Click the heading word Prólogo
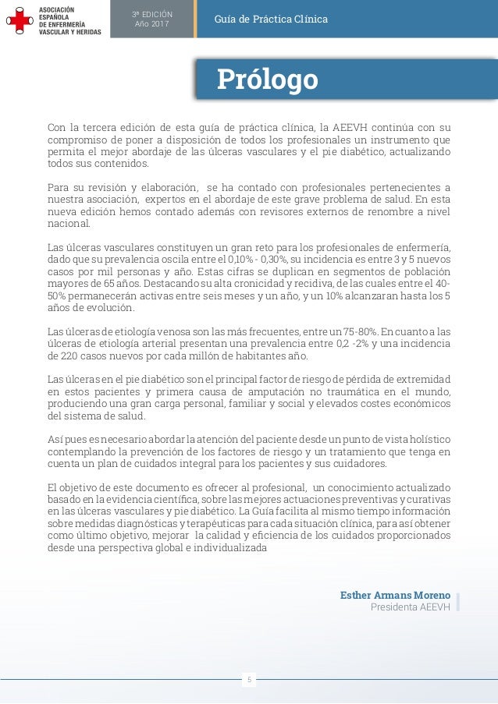[x=267, y=80]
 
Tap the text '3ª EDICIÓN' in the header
[x=151, y=14]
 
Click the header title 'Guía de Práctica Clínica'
[x=272, y=19]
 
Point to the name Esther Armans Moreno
[x=395, y=596]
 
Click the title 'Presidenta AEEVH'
[x=410, y=608]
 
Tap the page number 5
[x=249, y=680]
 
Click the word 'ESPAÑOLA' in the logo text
[x=56, y=16]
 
